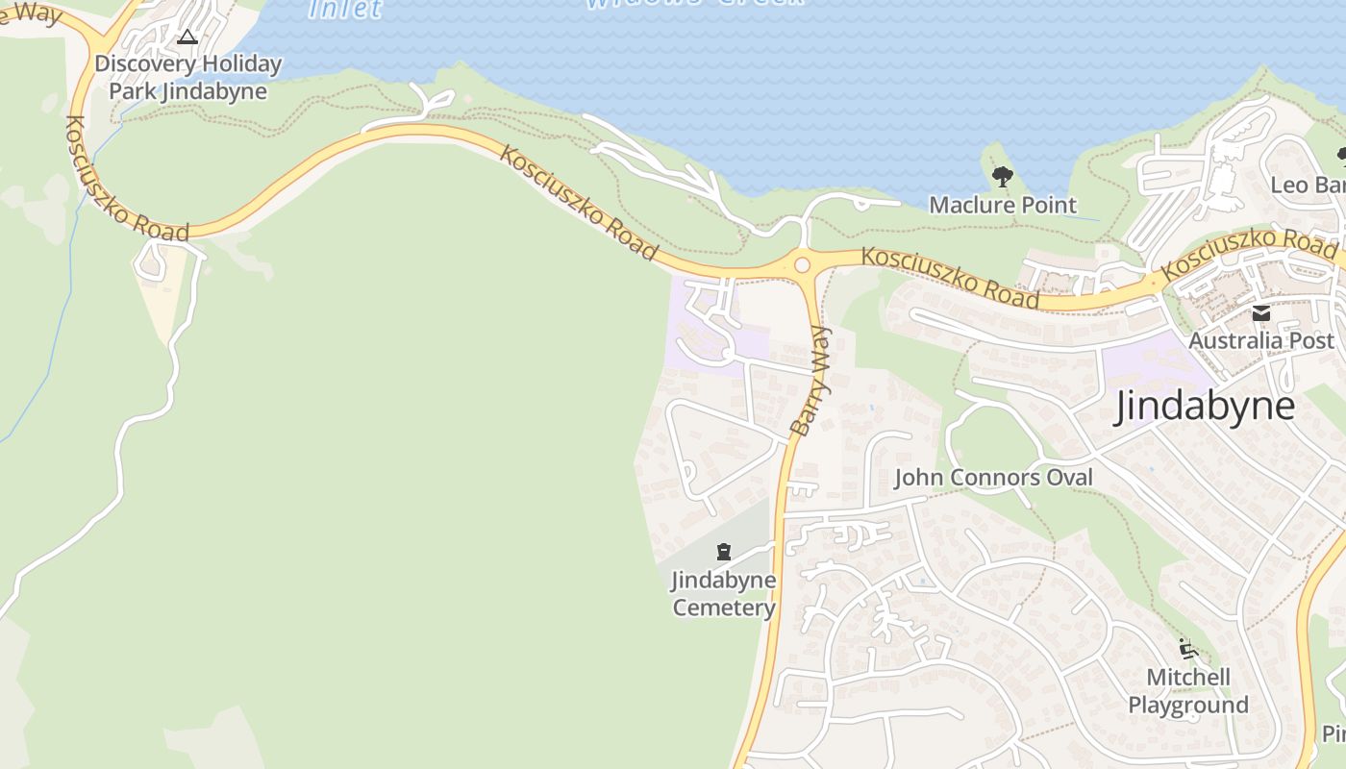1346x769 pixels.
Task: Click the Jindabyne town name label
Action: click(x=1205, y=407)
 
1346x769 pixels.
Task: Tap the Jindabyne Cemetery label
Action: click(x=723, y=594)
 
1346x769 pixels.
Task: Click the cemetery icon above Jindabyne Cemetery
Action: click(x=723, y=552)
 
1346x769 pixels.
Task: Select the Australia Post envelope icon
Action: click(x=1261, y=313)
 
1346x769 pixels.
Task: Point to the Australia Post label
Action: click(x=1261, y=340)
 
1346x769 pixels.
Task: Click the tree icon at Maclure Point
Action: click(x=1002, y=177)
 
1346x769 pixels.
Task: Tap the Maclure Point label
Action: click(x=1003, y=205)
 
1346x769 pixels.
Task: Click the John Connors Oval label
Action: click(x=993, y=478)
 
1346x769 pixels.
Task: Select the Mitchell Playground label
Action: click(x=1188, y=691)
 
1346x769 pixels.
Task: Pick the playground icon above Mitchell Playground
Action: click(x=1188, y=650)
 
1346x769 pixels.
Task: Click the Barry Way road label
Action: click(x=813, y=381)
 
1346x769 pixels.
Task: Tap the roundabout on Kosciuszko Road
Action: click(x=802, y=264)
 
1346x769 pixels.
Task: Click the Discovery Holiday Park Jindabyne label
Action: click(x=187, y=78)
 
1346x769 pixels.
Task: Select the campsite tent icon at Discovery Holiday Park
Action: click(x=187, y=37)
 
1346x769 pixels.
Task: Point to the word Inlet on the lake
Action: click(x=345, y=9)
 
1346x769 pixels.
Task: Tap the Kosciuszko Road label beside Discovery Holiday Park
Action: click(x=125, y=178)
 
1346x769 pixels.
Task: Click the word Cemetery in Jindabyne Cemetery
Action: click(x=723, y=608)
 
